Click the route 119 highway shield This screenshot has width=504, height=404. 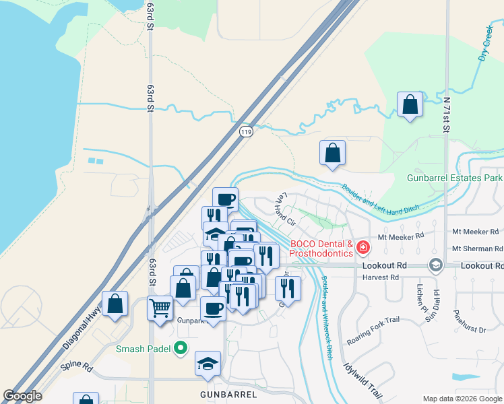247,133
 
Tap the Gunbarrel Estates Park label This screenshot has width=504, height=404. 455,178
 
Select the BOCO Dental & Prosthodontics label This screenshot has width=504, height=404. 321,248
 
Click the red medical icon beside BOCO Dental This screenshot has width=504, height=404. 363,248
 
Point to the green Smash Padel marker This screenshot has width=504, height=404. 180,348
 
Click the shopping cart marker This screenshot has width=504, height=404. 160,309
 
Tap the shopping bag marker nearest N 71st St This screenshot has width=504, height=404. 410,104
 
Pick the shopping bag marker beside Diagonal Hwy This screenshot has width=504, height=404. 115,304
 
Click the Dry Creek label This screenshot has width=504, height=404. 486,44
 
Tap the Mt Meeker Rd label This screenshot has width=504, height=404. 400,236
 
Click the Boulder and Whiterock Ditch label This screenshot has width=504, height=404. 327,316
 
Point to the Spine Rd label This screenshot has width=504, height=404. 76,366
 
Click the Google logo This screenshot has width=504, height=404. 22,396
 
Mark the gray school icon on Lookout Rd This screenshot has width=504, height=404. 435,265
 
